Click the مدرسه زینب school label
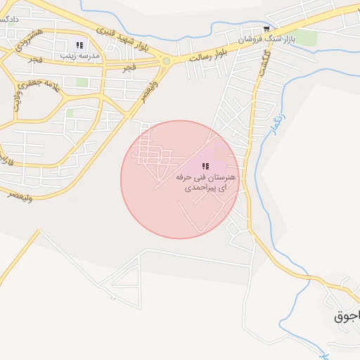click(x=79, y=55)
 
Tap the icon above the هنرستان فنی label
click(x=205, y=167)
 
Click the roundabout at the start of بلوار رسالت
click(x=166, y=61)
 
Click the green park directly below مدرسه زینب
click(x=83, y=82)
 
